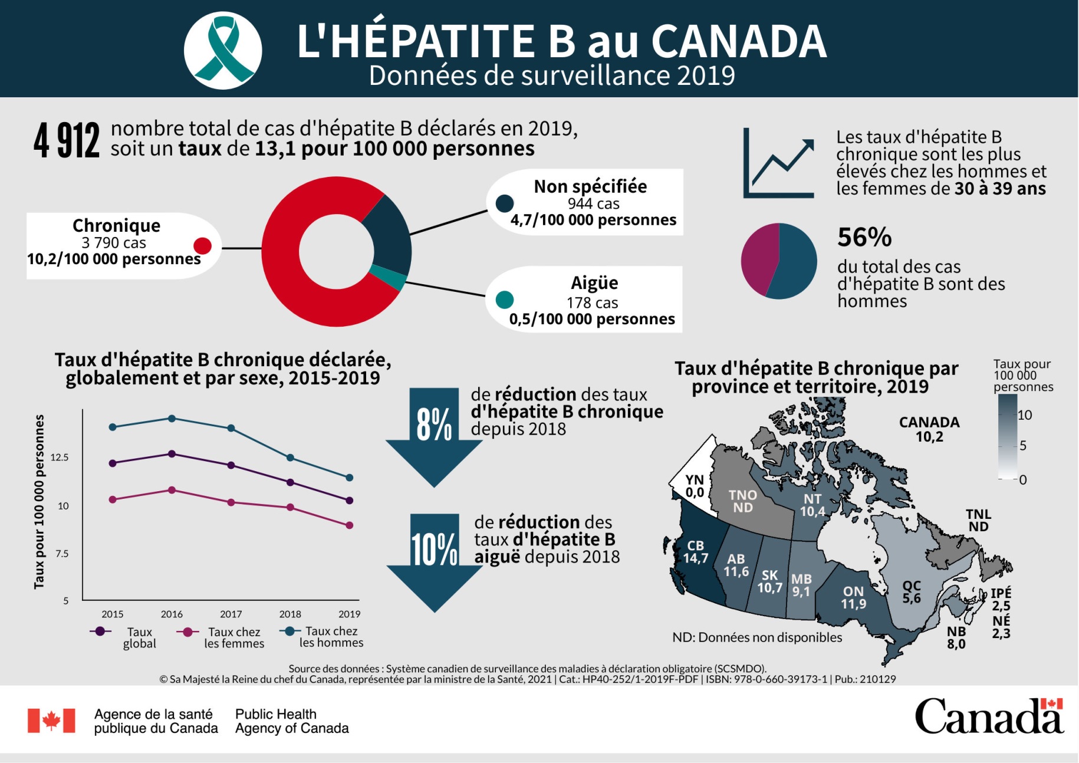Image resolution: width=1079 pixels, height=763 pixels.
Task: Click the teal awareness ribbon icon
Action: (x=222, y=50)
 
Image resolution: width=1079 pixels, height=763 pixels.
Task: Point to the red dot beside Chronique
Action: (x=202, y=246)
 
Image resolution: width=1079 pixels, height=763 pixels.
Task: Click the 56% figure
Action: (x=864, y=238)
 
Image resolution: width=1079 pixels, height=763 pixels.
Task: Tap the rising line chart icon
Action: (x=779, y=163)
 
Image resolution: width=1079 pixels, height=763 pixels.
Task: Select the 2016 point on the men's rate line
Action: (x=172, y=419)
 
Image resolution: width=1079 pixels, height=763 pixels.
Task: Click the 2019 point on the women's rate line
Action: (x=349, y=525)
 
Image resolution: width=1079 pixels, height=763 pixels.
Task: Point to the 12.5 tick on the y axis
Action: (x=60, y=458)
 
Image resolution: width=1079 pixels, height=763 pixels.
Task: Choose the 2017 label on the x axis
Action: (x=231, y=614)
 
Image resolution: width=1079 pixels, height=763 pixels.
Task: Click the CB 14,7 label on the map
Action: (x=695, y=552)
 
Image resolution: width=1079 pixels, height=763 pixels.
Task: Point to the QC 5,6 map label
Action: (x=911, y=592)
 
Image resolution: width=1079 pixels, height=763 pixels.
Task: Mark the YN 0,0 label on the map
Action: (x=695, y=486)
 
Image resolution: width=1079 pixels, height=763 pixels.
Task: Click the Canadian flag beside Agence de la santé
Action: (x=51, y=721)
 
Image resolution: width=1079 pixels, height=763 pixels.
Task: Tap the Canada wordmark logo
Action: (x=988, y=716)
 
